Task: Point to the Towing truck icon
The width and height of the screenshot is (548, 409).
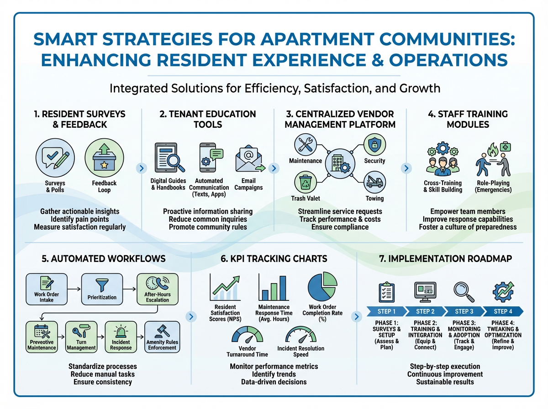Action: coord(374,181)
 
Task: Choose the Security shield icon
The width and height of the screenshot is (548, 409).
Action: coord(374,144)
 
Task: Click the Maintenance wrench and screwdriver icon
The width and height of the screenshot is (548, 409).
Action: coord(305,144)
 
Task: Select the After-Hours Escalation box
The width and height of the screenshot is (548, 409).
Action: coord(157,288)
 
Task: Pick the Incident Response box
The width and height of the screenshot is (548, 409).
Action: coord(121,337)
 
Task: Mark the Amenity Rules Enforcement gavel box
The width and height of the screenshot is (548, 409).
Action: coord(162,337)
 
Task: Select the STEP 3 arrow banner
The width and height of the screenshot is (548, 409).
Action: coord(464,311)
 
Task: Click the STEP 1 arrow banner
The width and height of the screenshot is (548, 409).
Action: coord(386,311)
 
